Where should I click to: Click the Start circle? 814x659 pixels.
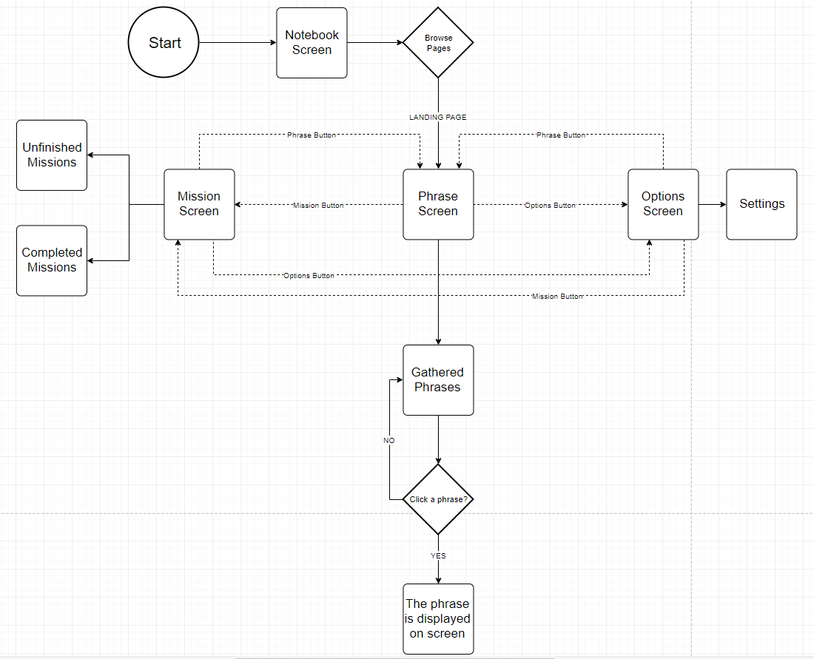(164, 43)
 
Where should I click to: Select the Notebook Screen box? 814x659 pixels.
(312, 43)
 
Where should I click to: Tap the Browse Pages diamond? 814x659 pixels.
(438, 43)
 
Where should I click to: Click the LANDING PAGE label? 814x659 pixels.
(438, 118)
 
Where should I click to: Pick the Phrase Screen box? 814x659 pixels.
(438, 204)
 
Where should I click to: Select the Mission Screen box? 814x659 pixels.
(199, 204)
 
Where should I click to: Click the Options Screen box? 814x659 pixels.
(663, 204)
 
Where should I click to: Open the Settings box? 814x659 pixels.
(761, 204)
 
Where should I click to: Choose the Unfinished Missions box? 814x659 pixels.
(52, 155)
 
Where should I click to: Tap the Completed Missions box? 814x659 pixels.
(52, 260)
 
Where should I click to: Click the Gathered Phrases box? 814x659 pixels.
(438, 380)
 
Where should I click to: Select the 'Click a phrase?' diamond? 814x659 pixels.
(438, 499)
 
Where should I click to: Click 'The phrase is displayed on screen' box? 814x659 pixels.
(438, 619)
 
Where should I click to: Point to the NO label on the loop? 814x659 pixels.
(389, 440)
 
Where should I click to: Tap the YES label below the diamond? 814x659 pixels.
(438, 555)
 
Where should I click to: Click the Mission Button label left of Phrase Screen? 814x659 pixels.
(318, 205)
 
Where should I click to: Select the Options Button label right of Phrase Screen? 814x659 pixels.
(550, 205)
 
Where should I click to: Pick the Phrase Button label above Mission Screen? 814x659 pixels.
(312, 135)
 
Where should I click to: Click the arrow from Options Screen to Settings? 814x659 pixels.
(712, 204)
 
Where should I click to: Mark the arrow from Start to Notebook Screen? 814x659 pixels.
(238, 43)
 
